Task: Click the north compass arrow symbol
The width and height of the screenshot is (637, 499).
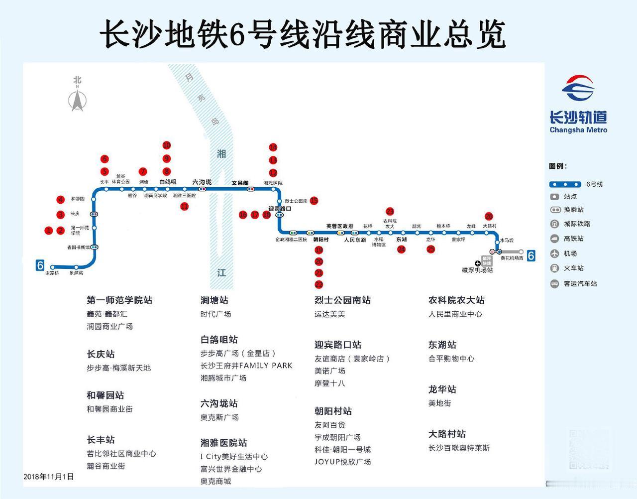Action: pos(77,99)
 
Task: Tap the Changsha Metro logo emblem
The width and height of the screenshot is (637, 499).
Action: pos(578,90)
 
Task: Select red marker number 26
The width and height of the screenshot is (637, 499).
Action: pos(489,217)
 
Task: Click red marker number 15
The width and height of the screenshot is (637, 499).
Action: pos(314,201)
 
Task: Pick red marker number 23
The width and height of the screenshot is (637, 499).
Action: pos(390,212)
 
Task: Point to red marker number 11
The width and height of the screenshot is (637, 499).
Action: pos(185,206)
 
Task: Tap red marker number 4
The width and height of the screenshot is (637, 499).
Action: pos(61,200)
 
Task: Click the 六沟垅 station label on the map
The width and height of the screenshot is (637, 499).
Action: pos(202,182)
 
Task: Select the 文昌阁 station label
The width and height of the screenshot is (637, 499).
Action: pos(240,183)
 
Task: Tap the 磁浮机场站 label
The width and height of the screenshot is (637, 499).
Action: pos(477,270)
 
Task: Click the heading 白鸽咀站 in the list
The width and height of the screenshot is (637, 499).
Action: pos(219,340)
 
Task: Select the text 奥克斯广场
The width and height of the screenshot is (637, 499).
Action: pos(219,417)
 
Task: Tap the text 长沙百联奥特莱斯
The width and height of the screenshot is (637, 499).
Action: pos(459,448)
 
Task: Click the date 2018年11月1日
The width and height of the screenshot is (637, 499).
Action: pos(49,477)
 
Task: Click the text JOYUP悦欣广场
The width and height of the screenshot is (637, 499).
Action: pos(342,462)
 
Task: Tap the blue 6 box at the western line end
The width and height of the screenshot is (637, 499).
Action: pos(40,265)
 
